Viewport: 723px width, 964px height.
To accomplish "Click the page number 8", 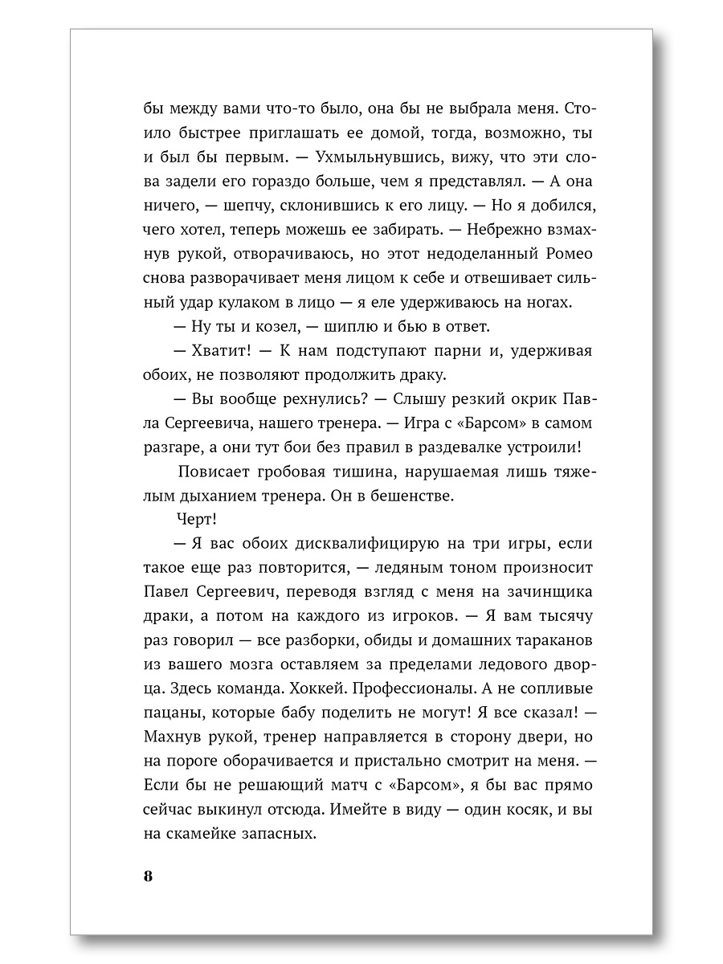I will pos(148,876).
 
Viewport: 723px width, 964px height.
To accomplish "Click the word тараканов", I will pos(539,640).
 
